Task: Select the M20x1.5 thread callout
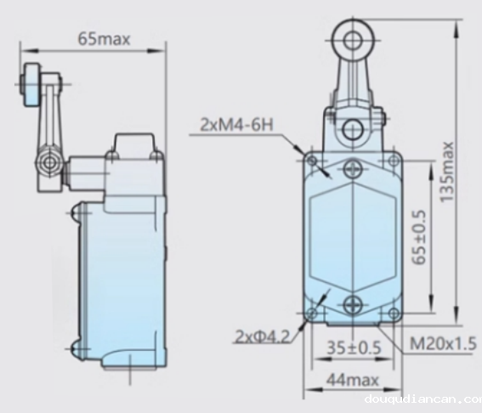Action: (443, 343)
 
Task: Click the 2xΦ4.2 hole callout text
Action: (261, 337)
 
